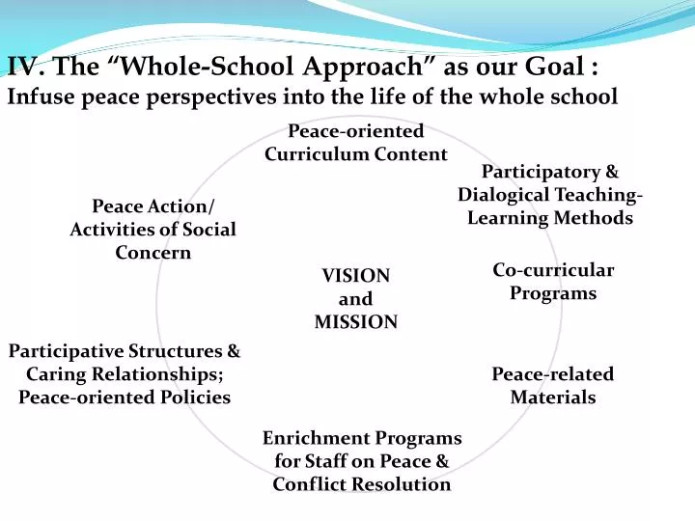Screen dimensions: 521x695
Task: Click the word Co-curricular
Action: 553,270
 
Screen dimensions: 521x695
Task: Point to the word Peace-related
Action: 552,374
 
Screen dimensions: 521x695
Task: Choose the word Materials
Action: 552,397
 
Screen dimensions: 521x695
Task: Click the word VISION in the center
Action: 355,277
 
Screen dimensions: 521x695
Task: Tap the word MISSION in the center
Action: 355,323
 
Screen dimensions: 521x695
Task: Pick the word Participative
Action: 68,351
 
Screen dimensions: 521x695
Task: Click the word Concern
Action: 153,253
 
